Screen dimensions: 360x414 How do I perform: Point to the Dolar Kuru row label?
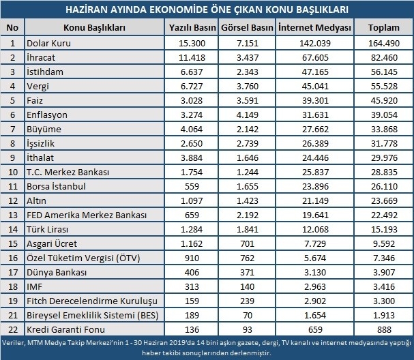(48, 43)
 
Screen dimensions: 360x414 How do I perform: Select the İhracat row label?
(42, 57)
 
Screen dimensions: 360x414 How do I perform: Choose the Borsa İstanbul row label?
(57, 186)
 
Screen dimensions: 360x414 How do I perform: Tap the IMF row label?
(34, 286)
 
